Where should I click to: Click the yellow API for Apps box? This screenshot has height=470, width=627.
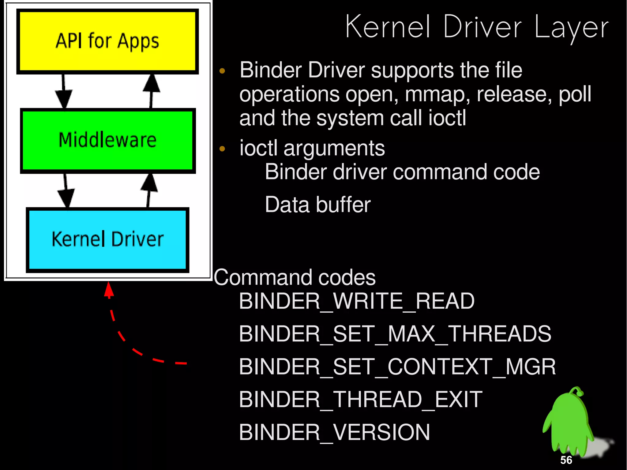click(107, 41)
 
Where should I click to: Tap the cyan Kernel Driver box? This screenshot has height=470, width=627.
click(107, 240)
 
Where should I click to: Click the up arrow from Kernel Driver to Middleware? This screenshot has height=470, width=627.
click(149, 190)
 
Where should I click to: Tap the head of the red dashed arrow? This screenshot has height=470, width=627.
click(109, 289)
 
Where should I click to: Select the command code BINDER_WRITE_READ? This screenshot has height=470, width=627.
click(357, 301)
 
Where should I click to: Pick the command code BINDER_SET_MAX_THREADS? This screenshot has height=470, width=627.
click(395, 334)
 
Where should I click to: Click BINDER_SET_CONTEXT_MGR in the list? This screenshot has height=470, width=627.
click(397, 367)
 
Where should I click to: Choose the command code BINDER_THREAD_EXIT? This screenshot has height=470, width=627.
click(360, 400)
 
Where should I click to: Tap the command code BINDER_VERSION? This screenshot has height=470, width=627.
click(334, 432)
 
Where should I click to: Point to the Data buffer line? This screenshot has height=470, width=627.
click(317, 205)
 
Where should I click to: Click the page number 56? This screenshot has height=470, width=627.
click(566, 460)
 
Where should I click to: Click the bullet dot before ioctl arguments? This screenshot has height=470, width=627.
click(222, 149)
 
